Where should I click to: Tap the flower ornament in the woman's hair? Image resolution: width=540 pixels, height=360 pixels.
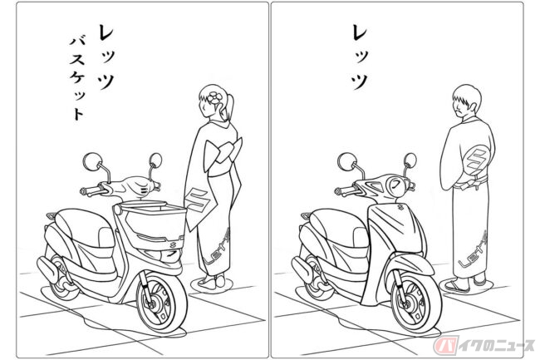pyautogui.click(x=214, y=96)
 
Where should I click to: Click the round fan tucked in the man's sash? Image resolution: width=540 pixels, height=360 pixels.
pyautogui.click(x=475, y=161)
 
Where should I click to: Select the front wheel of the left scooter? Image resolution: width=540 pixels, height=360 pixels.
pyautogui.click(x=161, y=303)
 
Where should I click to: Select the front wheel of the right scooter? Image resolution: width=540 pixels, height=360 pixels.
pyautogui.click(x=416, y=303)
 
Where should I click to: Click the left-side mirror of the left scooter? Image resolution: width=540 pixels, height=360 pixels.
pyautogui.click(x=92, y=161)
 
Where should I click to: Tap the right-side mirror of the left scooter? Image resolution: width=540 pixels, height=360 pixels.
pyautogui.click(x=156, y=160)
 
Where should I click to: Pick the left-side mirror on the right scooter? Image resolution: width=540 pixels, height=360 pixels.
pyautogui.click(x=347, y=161)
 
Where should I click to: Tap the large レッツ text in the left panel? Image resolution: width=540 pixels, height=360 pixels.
pyautogui.click(x=106, y=57)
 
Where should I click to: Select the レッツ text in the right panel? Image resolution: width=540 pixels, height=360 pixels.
pyautogui.click(x=361, y=57)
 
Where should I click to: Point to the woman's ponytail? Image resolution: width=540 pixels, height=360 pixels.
pyautogui.click(x=229, y=106)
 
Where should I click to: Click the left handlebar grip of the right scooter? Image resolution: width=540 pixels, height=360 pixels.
pyautogui.click(x=346, y=190)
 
